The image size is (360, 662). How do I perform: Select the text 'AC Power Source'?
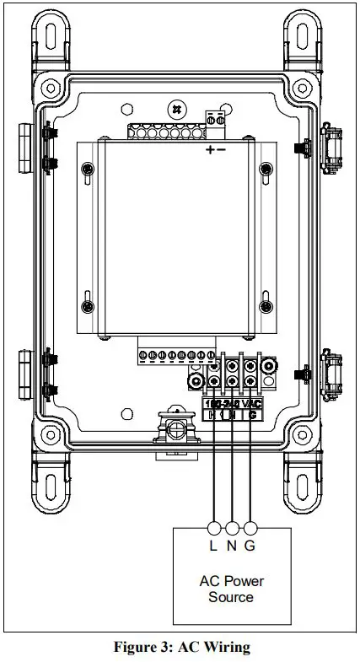(x=231, y=589)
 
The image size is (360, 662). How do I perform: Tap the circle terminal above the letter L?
(x=214, y=528)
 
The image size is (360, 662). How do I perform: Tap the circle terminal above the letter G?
(x=250, y=528)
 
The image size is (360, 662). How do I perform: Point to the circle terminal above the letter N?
(x=232, y=528)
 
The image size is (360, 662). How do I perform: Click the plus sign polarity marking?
(x=208, y=149)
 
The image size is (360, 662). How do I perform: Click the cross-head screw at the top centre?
(x=176, y=109)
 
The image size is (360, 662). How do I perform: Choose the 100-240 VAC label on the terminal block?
(x=233, y=403)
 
